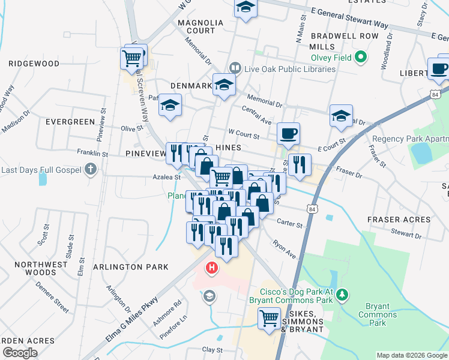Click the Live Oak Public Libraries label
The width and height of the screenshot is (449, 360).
tap(290, 69)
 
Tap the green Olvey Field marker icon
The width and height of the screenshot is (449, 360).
tap(360, 58)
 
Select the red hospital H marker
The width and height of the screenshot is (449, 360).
tap(211, 268)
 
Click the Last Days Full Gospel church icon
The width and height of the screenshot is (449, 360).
tap(91, 170)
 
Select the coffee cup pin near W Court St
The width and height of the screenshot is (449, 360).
tap(288, 134)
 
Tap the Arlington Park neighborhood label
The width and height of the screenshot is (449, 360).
tap(126, 266)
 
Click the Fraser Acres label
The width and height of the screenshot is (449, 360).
tap(399, 220)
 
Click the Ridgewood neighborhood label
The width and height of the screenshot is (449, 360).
tap(34, 63)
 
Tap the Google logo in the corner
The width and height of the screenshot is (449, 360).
tap(20, 352)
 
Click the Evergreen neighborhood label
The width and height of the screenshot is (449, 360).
tap(70, 122)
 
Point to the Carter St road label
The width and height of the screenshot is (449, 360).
tap(289, 223)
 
